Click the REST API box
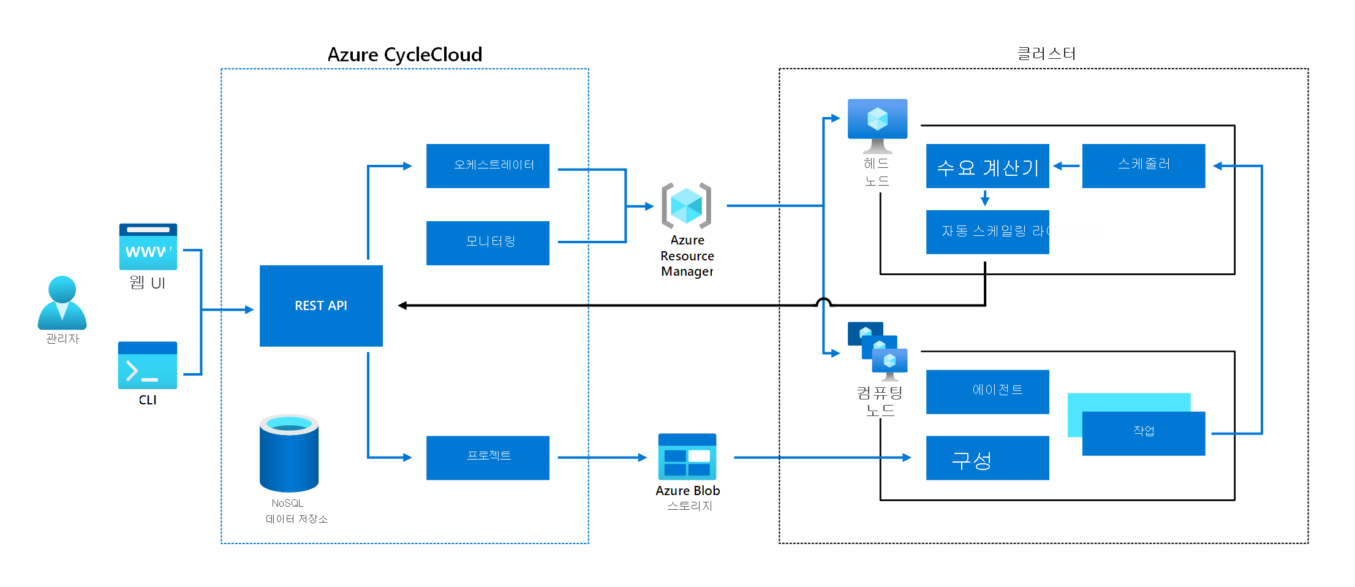321,306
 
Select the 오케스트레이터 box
488,165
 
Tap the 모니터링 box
488,243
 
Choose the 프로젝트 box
488,457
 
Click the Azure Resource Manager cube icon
686,206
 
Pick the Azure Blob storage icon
687,456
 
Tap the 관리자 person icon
62,303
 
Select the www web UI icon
148,246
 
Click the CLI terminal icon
148,365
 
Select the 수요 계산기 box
987,166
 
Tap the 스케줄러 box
1143,165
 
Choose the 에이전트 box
987,392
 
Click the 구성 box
987,458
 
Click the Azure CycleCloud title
404,55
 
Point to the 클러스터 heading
1046,54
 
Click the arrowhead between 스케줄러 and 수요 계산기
1058,166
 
